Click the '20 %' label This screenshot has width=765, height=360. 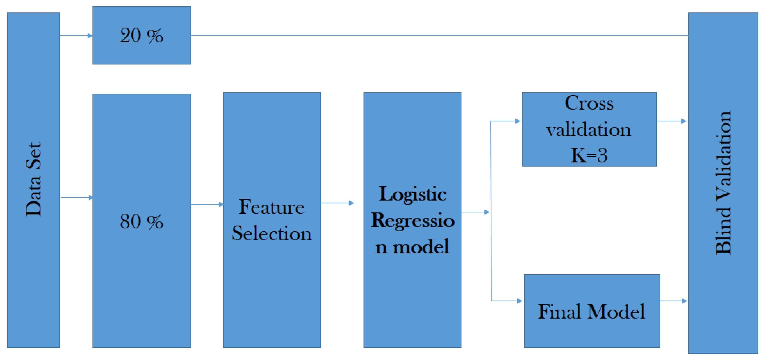click(142, 36)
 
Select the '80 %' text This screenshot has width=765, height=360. click(142, 221)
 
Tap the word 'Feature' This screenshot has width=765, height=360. click(272, 207)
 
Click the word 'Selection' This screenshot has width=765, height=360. click(272, 233)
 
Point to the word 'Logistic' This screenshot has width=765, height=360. click(413, 194)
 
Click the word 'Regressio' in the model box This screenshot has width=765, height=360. click(413, 221)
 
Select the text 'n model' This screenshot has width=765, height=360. click(413, 247)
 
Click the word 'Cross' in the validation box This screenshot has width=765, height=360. click(589, 103)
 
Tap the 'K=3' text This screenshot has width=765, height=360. click(589, 155)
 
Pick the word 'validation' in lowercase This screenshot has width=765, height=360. click(589, 130)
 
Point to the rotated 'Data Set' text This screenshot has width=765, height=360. click(33, 180)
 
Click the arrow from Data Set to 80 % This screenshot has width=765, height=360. click(77, 197)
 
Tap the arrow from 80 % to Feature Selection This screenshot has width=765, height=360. click(207, 204)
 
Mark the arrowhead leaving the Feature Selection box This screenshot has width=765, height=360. click(351, 203)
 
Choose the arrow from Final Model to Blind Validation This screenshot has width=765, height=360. click(674, 301)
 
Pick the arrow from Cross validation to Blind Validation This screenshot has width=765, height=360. click(672, 121)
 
